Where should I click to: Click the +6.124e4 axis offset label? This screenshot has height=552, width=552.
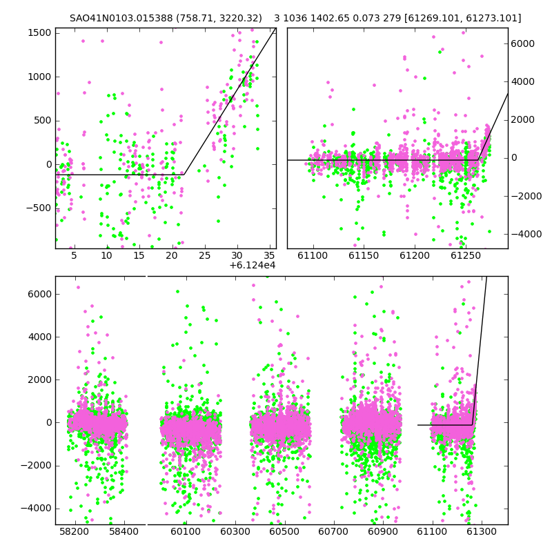click(252, 266)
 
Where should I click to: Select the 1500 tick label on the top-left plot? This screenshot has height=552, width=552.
click(39, 32)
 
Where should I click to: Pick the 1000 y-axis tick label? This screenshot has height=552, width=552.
click(39, 77)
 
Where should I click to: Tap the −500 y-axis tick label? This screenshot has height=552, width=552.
click(39, 208)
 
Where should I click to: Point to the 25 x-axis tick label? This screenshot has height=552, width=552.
click(204, 255)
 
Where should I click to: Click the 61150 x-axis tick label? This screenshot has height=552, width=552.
click(364, 255)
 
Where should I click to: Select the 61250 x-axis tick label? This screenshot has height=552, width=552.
click(466, 255)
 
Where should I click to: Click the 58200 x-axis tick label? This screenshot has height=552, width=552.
click(75, 531)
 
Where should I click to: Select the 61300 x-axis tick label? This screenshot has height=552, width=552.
click(481, 531)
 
